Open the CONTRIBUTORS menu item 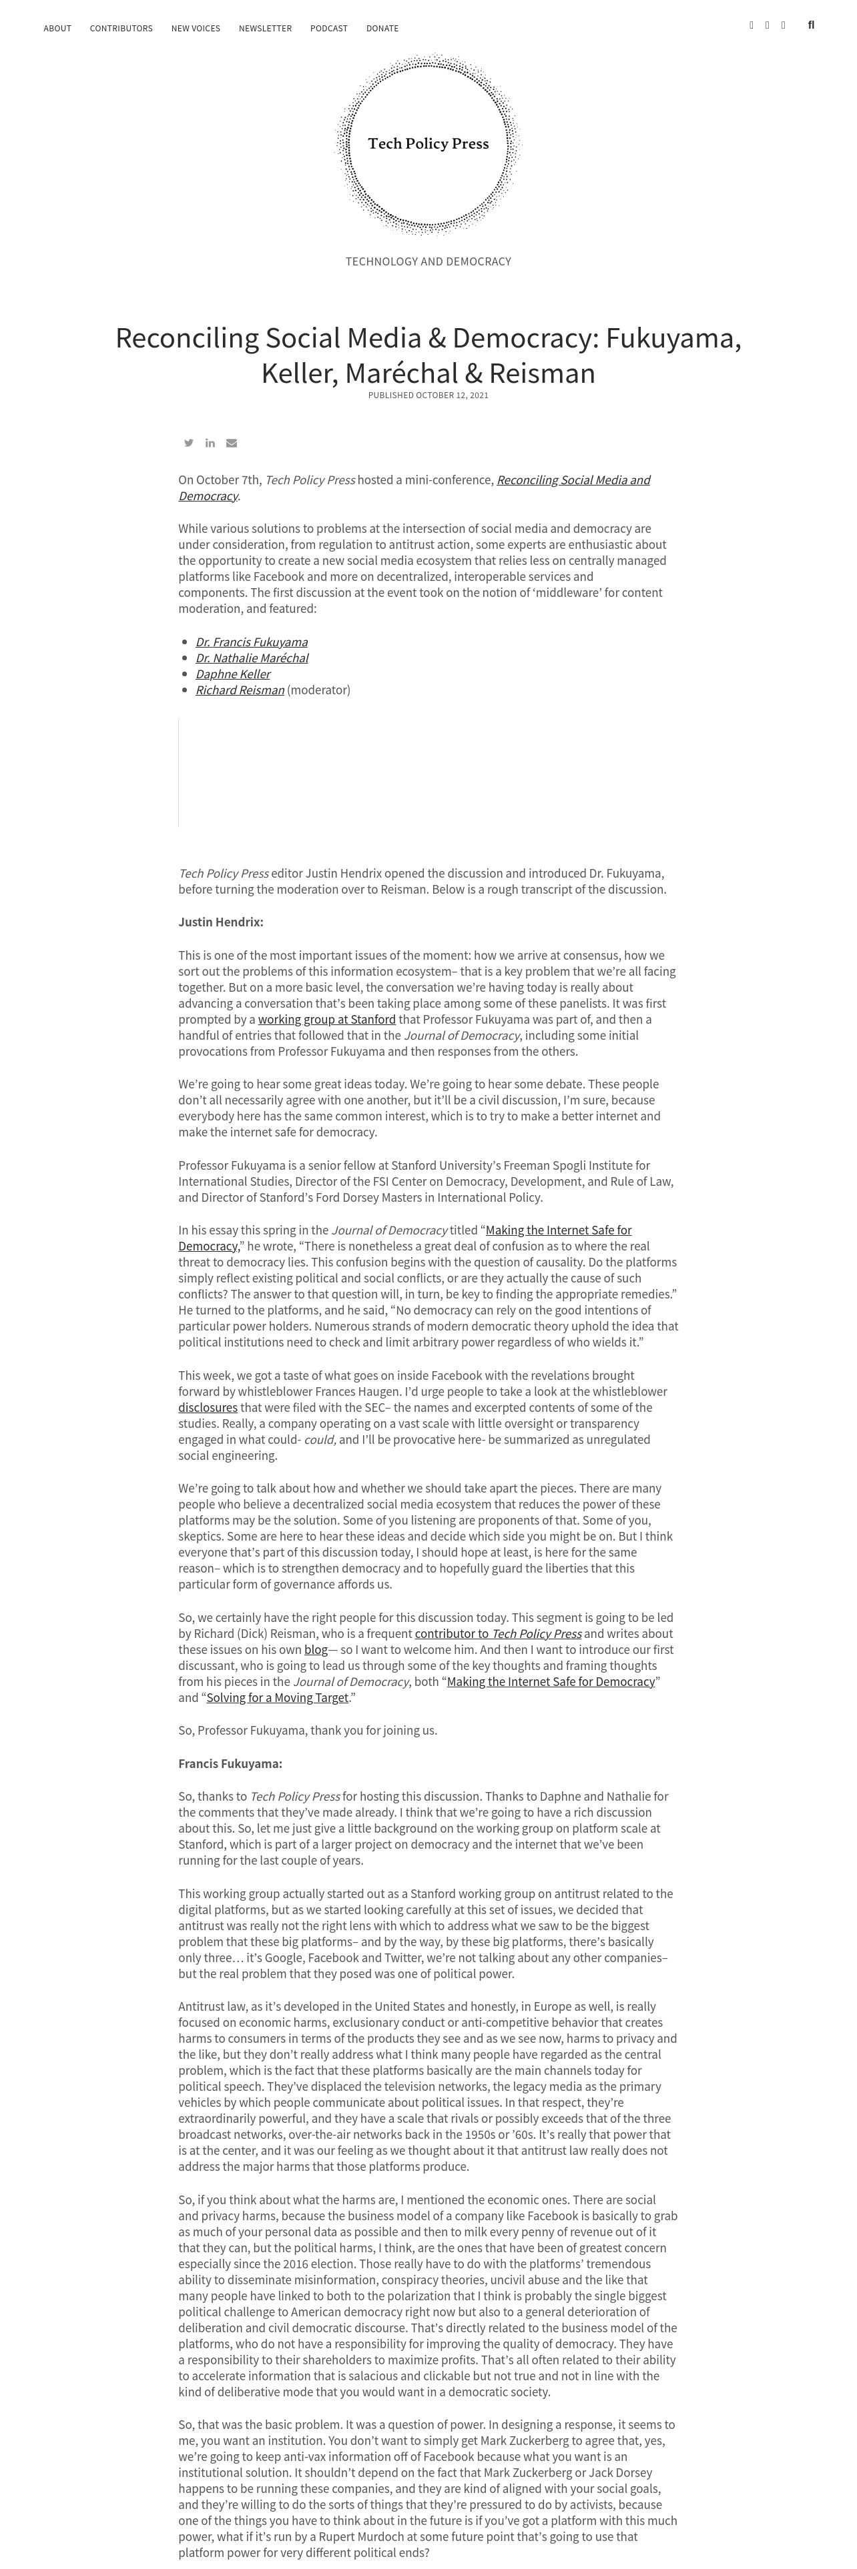pos(121,29)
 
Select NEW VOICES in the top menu pos(196,29)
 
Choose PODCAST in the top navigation pos(329,29)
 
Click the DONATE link pos(382,29)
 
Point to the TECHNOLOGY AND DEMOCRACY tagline pos(428,261)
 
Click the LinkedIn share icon pos(210,443)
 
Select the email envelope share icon pos(232,443)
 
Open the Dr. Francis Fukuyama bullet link pos(252,642)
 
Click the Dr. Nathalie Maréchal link pos(252,658)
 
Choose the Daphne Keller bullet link pos(232,674)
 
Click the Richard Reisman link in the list pos(240,690)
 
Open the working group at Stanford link pos(326,1019)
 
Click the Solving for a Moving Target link pos(278,1697)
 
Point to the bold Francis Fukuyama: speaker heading pos(230,1763)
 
